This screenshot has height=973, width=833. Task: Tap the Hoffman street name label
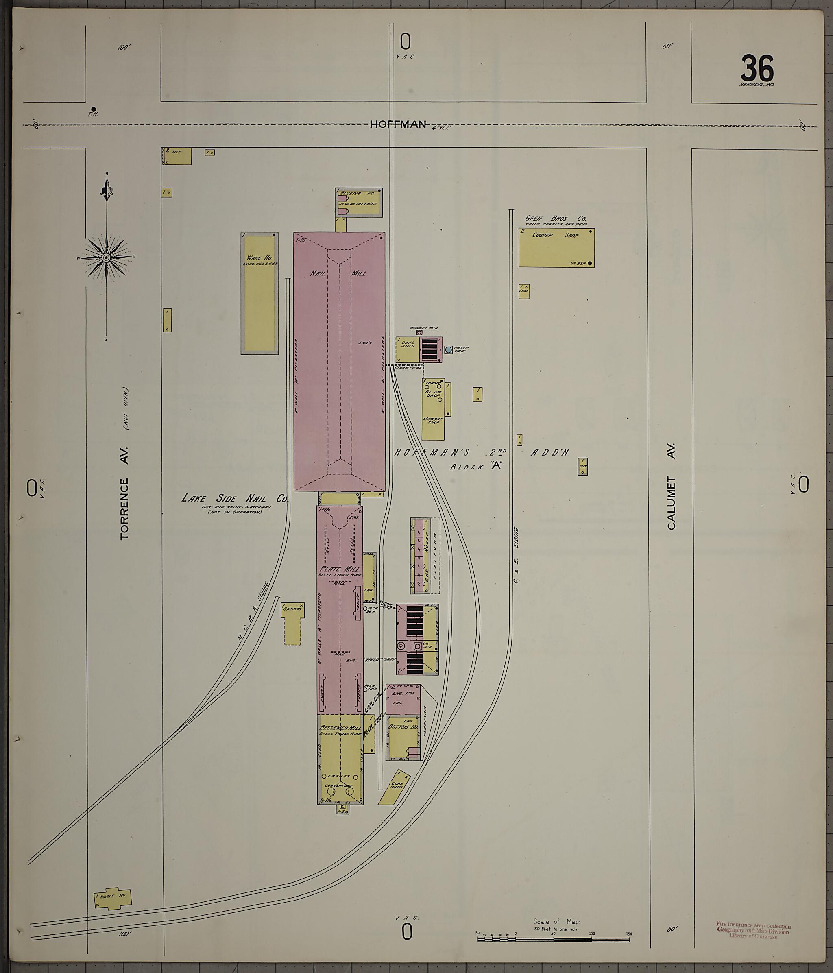pos(398,124)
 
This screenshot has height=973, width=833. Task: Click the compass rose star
pos(107,257)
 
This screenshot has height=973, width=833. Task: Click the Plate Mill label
pos(338,569)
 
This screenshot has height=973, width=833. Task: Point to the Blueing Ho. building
pos(359,203)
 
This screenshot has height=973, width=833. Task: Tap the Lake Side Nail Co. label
pos(235,499)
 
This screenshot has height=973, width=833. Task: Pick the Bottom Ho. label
pos(402,727)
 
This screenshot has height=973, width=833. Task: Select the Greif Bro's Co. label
pos(556,219)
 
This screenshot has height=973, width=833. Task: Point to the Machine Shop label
pos(433,421)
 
